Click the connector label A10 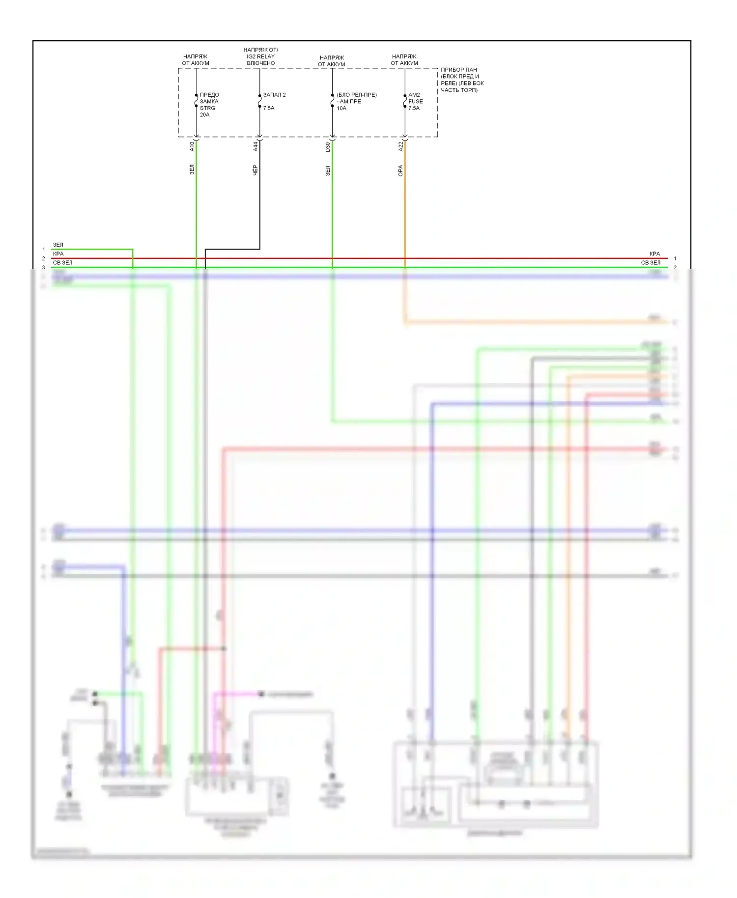pos(192,146)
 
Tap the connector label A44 pos(255,146)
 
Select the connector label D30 pos(328,146)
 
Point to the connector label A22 pos(401,146)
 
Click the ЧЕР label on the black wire pos(255,170)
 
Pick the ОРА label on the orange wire pos(401,170)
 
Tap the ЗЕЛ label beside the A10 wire pos(192,170)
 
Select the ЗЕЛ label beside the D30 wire pos(328,170)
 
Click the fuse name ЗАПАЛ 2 pos(274,95)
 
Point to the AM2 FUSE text pos(415,98)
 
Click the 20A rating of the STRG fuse pos(204,115)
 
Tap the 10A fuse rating pos(341,109)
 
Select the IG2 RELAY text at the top pos(260,56)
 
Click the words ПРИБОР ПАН pos(459,70)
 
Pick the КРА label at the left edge pos(58,254)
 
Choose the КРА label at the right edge pos(654,254)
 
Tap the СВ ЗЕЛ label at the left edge pos(62,263)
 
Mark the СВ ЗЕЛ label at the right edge pos(651,263)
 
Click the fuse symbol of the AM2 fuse pos(405,101)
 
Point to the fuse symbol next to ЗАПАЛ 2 pos(259,101)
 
